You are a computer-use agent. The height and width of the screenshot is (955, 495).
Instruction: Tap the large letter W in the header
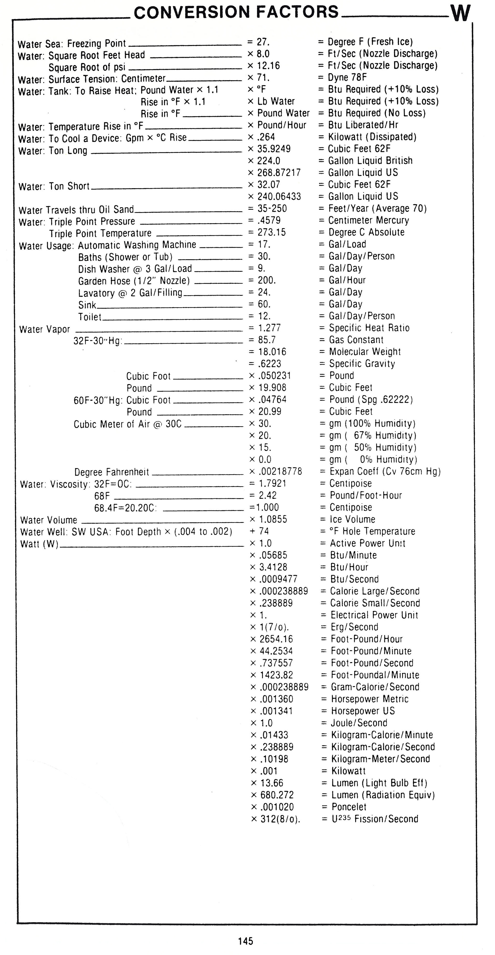[x=460, y=14]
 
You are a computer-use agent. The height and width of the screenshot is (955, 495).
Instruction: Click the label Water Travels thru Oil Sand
[x=76, y=210]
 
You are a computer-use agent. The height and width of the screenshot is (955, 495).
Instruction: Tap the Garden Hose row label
[x=134, y=281]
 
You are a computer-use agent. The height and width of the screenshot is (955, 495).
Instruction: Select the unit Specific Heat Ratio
[x=369, y=328]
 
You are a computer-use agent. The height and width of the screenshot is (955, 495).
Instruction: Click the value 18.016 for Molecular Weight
[x=272, y=352]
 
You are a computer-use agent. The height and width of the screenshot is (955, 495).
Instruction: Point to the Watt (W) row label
[x=39, y=544]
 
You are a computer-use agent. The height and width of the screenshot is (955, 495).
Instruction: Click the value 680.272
[x=277, y=795]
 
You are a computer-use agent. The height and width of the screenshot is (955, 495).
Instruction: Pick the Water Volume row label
[x=49, y=520]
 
